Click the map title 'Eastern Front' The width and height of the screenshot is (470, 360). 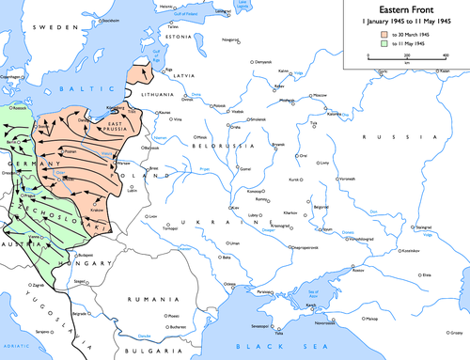405,9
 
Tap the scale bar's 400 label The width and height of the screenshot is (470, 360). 445,55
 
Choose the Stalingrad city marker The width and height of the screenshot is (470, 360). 430,228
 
